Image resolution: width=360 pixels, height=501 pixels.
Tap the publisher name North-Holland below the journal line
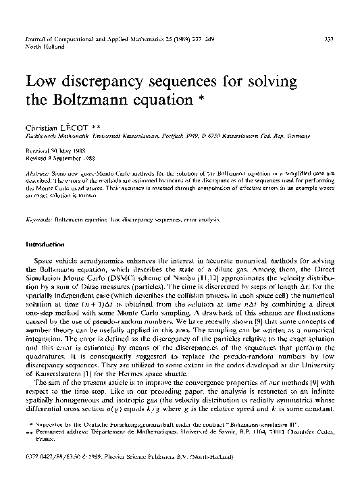(x=44, y=48)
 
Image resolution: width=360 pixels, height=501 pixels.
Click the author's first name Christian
(x=41, y=128)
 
